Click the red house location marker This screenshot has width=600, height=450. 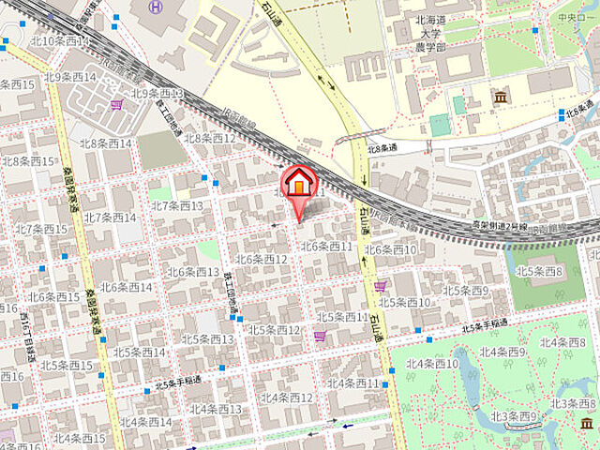coord(298,182)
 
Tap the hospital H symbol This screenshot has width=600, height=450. coord(156,7)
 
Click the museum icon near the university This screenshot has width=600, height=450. coord(499,97)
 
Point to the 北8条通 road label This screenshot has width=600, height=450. coord(382,146)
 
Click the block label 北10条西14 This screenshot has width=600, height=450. coord(58,41)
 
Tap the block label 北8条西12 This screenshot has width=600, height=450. coord(210,138)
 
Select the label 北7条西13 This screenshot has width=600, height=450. coord(177,205)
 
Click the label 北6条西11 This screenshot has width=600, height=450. coord(326,247)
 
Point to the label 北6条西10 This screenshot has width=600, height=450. coord(391,249)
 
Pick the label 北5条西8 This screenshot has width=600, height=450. coord(539,272)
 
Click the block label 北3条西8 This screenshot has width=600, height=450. coord(573,402)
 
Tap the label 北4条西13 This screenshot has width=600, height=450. coord(216,409)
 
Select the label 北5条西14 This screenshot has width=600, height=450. coord(139,352)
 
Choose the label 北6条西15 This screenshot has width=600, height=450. coord(53,296)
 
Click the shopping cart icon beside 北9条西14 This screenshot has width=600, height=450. coord(116,105)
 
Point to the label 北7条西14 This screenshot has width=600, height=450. coord(110,217)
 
